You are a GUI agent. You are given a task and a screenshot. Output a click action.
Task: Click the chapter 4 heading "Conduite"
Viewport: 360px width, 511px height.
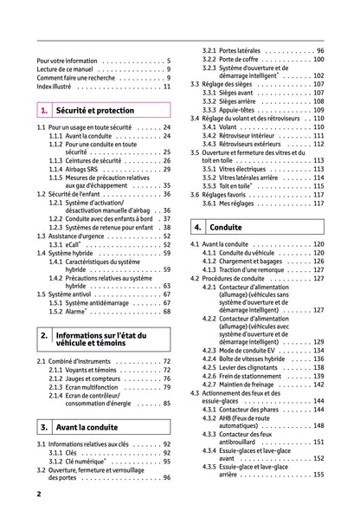[x=226, y=227]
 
